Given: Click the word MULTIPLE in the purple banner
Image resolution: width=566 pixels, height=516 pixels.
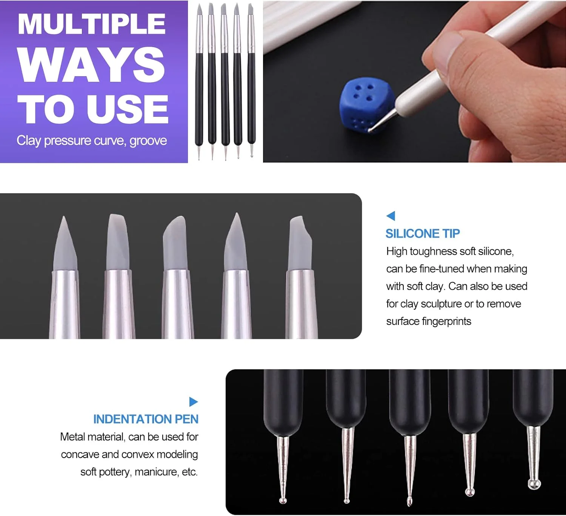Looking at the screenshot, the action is [91, 24].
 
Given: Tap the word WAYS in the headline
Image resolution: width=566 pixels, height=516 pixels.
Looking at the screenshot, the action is [91, 65].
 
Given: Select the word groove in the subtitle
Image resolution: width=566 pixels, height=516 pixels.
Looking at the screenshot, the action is [148, 141].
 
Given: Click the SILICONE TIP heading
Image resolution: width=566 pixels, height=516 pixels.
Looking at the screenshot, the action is [423, 233].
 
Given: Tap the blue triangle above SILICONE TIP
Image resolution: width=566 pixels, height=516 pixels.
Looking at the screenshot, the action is [391, 216].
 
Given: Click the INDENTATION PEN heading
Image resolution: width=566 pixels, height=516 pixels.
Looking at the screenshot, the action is [146, 419].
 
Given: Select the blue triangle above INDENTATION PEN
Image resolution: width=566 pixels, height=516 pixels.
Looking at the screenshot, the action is [194, 401].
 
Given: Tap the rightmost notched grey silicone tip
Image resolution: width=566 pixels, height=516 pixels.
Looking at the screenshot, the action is [300, 242].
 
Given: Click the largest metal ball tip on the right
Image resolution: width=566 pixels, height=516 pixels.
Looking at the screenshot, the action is [534, 484].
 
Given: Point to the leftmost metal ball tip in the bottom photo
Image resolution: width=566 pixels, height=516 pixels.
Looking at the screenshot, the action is [283, 501].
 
